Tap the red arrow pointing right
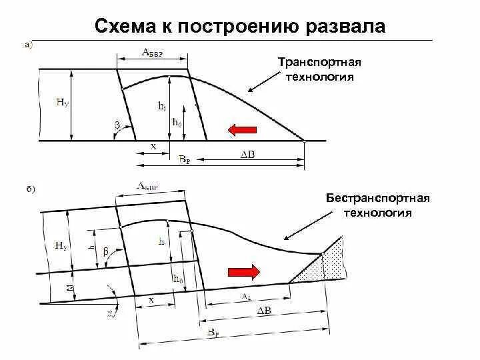pyautogui.click(x=243, y=271)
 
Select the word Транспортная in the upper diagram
pyautogui.click(x=319, y=62)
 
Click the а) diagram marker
pyautogui.click(x=27, y=45)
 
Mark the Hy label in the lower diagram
pyautogui.click(x=61, y=246)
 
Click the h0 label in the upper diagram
pyautogui.click(x=177, y=123)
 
